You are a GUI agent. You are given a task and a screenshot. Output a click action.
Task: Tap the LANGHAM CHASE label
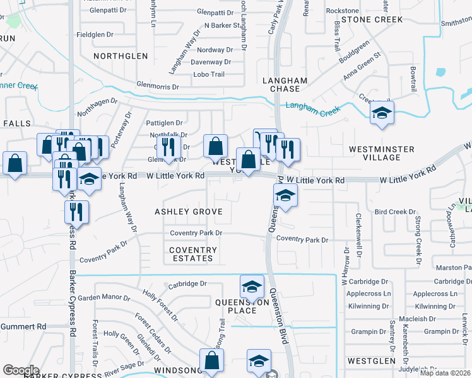[285, 85]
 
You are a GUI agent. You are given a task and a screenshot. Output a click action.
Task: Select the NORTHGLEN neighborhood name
[121, 56]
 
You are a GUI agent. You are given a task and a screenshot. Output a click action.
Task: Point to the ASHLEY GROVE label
[189, 212]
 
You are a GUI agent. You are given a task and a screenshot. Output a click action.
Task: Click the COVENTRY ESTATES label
[193, 254]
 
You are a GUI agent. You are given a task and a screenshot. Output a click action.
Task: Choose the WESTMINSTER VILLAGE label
[382, 154]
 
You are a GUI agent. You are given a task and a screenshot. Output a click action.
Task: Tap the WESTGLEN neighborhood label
[371, 361]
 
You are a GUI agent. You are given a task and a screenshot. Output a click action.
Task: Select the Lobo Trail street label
[209, 74]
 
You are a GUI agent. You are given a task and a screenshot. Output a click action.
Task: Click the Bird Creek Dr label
[396, 212]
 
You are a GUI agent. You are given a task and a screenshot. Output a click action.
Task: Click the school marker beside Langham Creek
[382, 113]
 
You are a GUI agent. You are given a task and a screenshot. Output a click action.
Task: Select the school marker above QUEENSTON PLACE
[252, 287]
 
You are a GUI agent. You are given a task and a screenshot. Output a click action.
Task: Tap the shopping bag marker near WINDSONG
[212, 362]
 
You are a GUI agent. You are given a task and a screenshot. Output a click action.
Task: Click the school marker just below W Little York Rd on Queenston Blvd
[285, 197]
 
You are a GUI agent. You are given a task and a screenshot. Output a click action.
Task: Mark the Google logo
[21, 370]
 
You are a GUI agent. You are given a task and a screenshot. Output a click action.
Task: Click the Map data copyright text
[445, 373]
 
